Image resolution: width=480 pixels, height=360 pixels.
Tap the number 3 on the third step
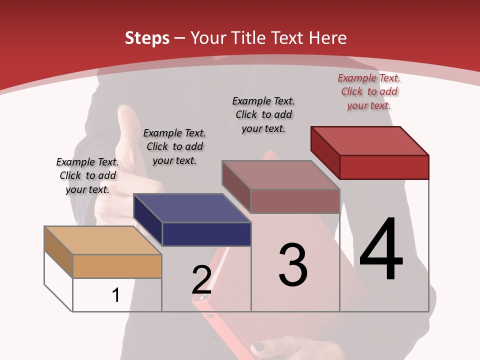(x=293, y=264)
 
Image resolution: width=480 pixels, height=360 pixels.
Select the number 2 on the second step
(x=201, y=279)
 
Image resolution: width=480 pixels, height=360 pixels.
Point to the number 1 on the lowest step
(x=115, y=295)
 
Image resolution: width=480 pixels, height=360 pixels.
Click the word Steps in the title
(x=147, y=38)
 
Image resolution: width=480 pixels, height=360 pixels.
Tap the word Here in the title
(x=328, y=38)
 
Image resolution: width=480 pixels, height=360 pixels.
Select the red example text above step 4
(x=369, y=91)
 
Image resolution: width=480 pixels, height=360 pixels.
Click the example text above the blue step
(x=174, y=146)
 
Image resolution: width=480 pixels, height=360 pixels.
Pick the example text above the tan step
(x=87, y=175)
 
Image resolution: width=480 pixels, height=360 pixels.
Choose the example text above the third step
(x=263, y=114)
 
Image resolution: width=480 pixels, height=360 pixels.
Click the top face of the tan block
(x=102, y=240)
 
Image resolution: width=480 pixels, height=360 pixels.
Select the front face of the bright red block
(x=384, y=167)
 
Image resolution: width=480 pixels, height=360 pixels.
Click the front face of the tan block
(x=117, y=266)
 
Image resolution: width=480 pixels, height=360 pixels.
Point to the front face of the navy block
(x=206, y=234)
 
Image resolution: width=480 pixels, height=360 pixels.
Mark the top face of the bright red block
(x=370, y=140)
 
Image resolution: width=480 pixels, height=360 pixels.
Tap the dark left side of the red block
(x=325, y=152)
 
